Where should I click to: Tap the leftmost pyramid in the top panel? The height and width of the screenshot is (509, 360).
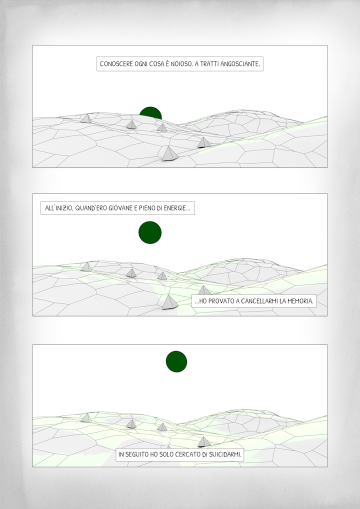(x=86, y=118)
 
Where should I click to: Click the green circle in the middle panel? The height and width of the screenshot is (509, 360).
(x=150, y=232)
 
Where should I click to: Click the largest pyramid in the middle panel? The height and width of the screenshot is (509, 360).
(x=170, y=302)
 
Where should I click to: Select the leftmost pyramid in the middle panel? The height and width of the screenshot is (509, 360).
(x=85, y=267)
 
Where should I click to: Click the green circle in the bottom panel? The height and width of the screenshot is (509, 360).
(x=176, y=361)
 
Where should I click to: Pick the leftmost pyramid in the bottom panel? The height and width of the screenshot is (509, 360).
(x=85, y=418)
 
